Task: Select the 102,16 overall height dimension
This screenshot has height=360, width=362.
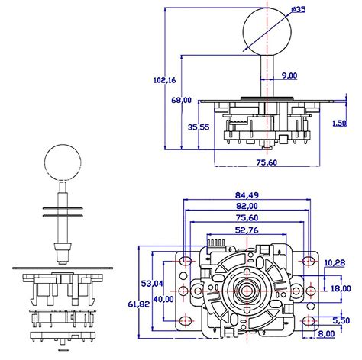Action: click(161, 80)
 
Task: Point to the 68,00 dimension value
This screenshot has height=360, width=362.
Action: click(181, 100)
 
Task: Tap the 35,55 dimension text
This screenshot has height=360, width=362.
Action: click(199, 127)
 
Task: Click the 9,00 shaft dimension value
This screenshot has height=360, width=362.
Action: click(289, 75)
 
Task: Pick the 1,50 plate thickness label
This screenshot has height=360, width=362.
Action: click(340, 122)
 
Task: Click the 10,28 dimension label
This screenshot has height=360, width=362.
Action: click(334, 262)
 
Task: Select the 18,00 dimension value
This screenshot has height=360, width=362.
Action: click(340, 289)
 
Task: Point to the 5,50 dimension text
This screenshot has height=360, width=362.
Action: click(341, 320)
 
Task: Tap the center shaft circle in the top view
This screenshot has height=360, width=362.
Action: click(247, 292)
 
